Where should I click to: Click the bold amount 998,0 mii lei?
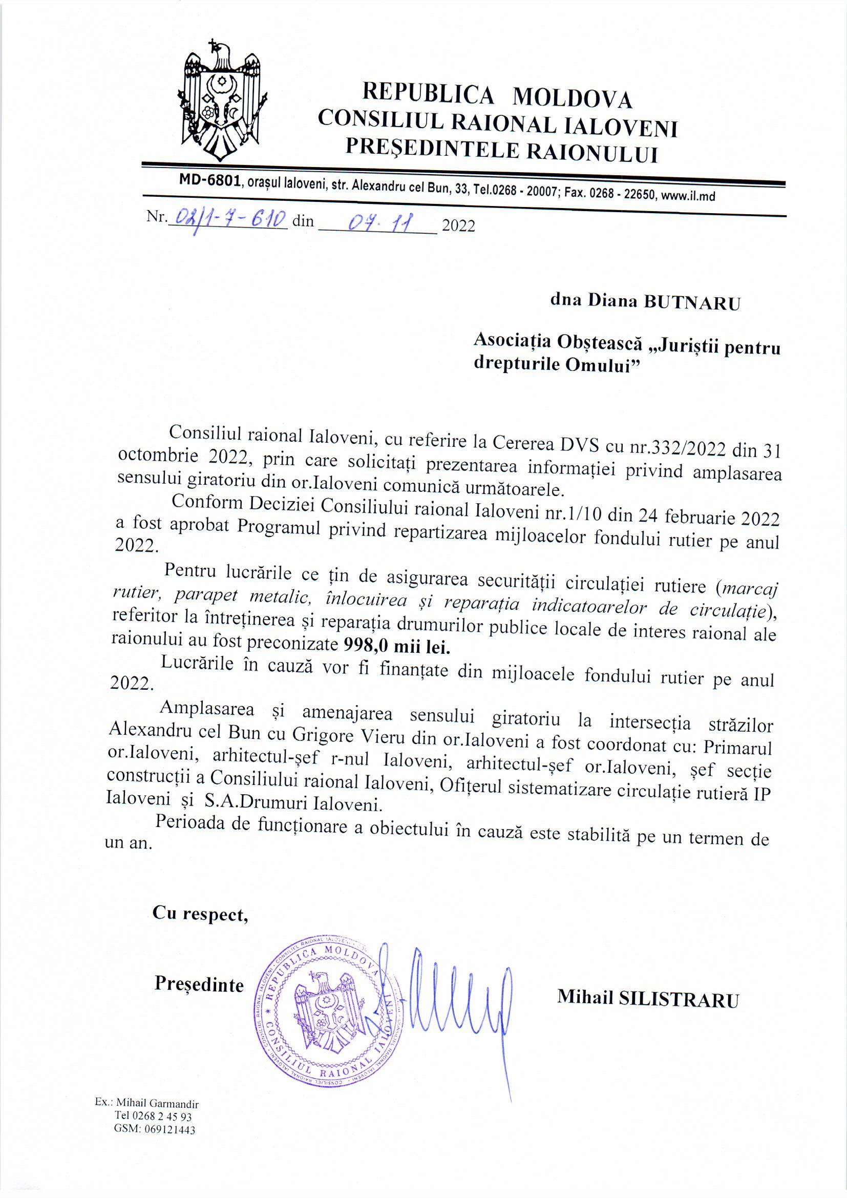(396, 647)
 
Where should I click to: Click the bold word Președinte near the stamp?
(199, 985)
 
